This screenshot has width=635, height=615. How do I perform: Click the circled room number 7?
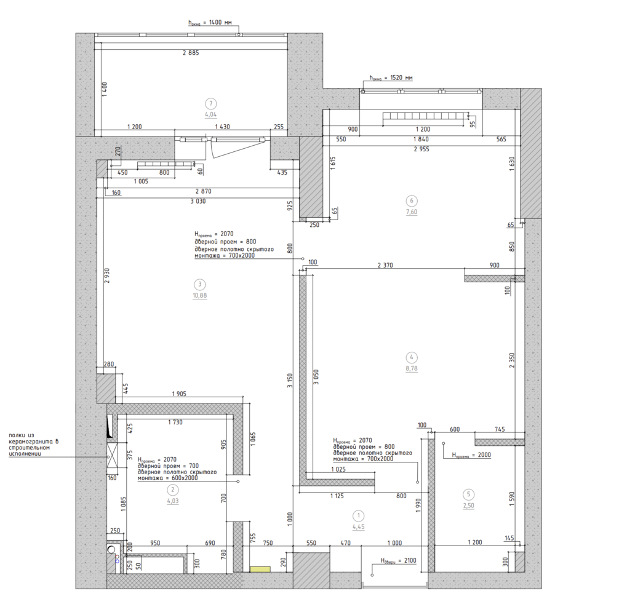coord(210,103)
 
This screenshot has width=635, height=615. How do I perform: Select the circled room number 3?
coord(199,284)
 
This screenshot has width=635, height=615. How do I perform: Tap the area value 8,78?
coord(412,368)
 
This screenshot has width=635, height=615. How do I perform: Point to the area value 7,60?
coord(412,212)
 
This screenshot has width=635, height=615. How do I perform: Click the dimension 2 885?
coord(191,53)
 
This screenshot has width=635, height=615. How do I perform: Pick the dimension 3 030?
coord(198,201)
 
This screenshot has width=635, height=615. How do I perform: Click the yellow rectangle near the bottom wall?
coord(260,569)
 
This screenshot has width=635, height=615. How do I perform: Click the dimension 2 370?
coord(385,266)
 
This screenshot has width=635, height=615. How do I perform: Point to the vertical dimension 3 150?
coord(290,381)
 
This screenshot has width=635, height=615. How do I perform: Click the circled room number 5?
coord(468,494)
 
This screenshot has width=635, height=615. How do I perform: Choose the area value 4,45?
coord(358,526)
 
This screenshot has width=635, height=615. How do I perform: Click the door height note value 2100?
coord(410,560)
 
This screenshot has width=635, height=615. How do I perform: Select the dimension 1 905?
coord(179,394)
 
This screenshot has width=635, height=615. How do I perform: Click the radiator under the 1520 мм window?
coord(425,117)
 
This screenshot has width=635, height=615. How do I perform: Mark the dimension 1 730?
coord(175,423)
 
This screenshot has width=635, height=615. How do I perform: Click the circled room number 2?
coord(172,490)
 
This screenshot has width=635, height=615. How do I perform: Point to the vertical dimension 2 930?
coord(107,276)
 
